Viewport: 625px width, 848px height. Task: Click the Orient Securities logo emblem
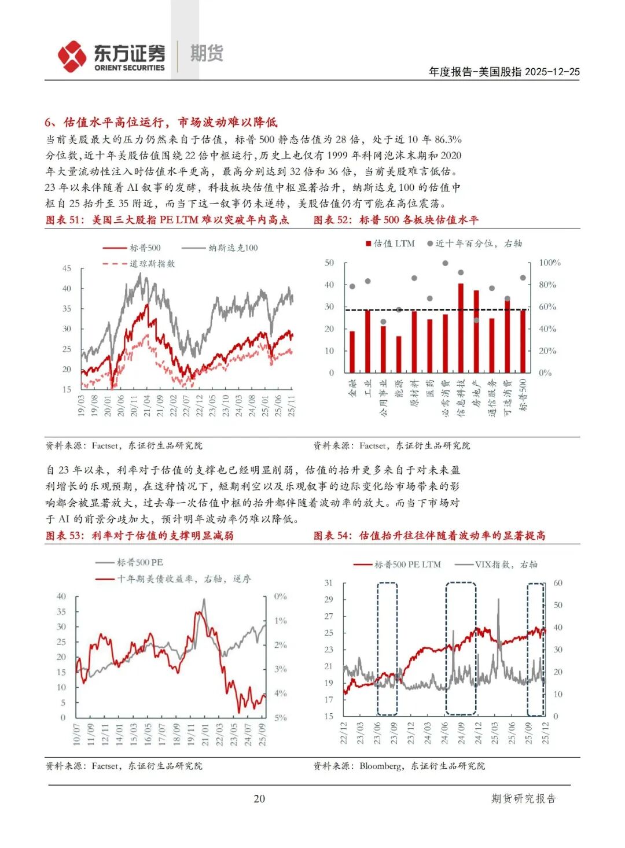click(x=72, y=56)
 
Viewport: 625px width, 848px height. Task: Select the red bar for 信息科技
click(x=461, y=328)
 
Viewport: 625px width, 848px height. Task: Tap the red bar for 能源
click(x=399, y=354)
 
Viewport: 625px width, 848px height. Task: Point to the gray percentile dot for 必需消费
click(x=445, y=263)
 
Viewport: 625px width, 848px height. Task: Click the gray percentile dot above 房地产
click(x=476, y=320)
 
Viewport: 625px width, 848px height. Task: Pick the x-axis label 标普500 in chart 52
click(x=523, y=394)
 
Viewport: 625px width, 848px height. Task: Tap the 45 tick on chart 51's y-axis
click(x=67, y=268)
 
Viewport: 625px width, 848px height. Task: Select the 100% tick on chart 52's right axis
click(x=549, y=263)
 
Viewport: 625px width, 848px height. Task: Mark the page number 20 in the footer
click(x=259, y=799)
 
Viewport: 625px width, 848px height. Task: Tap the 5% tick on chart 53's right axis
click(x=281, y=718)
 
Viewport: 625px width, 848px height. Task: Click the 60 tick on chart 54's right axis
click(x=558, y=583)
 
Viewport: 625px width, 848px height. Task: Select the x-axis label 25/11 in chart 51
click(x=292, y=405)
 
